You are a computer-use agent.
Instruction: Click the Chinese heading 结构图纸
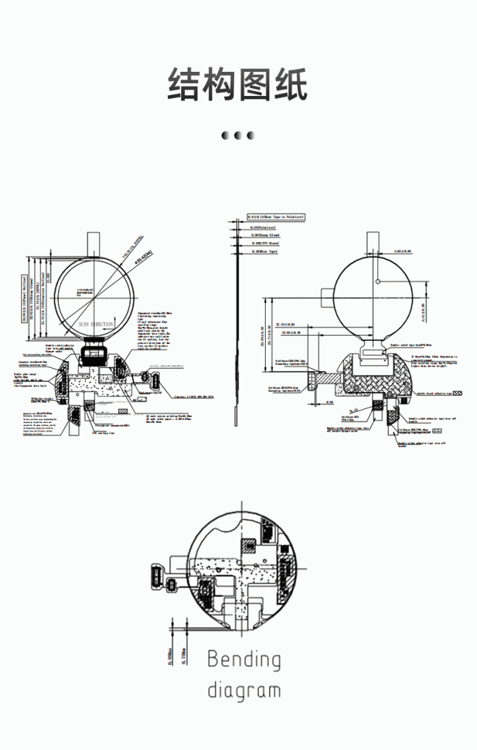click(238, 85)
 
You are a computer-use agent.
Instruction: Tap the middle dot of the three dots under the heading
click(238, 135)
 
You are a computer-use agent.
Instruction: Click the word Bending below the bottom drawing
click(244, 661)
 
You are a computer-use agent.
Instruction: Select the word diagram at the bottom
click(244, 691)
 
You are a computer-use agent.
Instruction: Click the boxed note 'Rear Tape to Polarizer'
click(275, 217)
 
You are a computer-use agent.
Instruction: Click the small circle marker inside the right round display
click(376, 281)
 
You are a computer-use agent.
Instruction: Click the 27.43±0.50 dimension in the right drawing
click(285, 323)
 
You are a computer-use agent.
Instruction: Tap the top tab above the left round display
click(94, 243)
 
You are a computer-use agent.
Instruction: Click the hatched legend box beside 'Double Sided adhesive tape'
click(458, 394)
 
